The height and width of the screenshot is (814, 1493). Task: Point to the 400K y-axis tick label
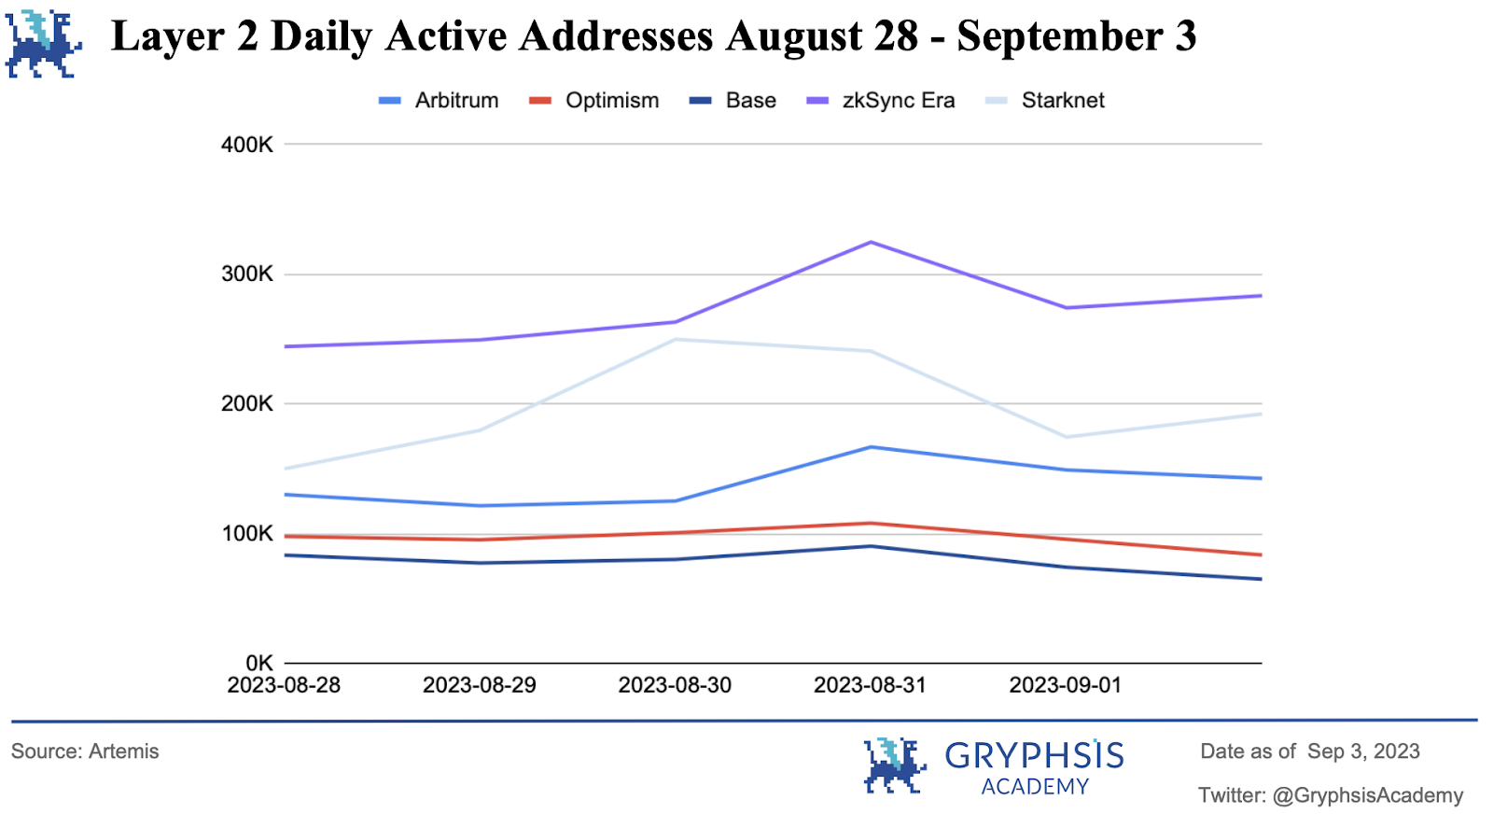click(247, 145)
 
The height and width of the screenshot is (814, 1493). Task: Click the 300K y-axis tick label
click(247, 274)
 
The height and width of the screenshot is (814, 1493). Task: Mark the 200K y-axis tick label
click(247, 404)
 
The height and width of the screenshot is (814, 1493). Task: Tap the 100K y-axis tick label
click(247, 534)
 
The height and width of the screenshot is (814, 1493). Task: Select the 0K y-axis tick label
click(258, 663)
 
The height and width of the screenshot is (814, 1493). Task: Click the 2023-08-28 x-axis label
click(284, 685)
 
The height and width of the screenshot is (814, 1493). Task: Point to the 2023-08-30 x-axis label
click(675, 685)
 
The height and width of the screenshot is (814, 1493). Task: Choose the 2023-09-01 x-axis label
click(1065, 685)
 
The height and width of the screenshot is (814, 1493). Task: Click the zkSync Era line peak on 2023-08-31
click(871, 243)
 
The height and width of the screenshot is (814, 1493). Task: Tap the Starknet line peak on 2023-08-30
click(675, 340)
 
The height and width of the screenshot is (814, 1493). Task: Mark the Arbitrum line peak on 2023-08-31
click(871, 447)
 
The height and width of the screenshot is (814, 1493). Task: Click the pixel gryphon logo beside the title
click(43, 43)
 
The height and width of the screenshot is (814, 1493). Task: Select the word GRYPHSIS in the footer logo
click(1034, 755)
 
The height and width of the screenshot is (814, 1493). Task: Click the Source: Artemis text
click(85, 751)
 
